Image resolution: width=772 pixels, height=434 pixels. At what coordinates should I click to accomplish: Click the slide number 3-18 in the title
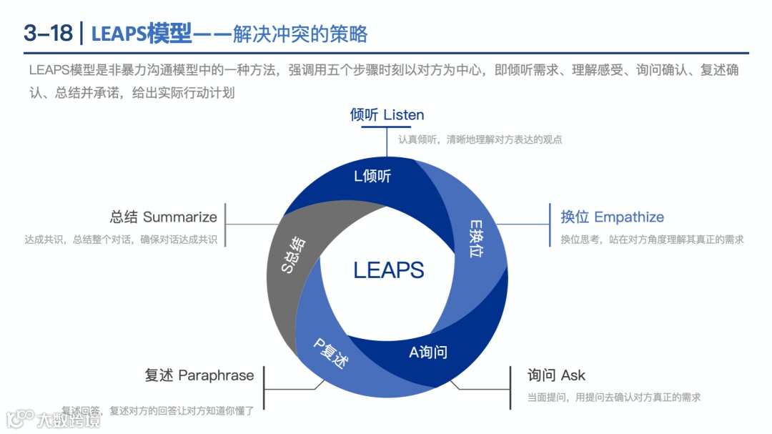tap(48, 33)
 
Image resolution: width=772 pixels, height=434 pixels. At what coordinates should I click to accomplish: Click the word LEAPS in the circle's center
tap(388, 270)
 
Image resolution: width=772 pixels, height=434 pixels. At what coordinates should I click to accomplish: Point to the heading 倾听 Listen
tap(387, 115)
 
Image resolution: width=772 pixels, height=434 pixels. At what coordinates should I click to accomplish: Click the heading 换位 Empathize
tap(612, 217)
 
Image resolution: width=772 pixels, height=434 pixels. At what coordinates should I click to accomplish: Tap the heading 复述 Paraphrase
tap(199, 375)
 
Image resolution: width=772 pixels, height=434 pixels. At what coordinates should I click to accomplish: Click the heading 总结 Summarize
tap(163, 217)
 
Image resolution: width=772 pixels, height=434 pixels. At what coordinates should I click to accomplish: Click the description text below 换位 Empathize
tap(652, 240)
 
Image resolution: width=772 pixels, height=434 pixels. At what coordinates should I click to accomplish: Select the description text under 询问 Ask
tap(613, 398)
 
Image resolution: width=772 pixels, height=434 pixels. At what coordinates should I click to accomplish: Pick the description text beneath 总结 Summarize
tap(120, 240)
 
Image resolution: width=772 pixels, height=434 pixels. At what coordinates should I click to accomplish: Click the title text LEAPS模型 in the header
tap(142, 33)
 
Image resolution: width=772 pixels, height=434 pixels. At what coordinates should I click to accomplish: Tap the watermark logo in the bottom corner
tap(53, 418)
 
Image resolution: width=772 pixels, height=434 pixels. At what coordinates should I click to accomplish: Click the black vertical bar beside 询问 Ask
tap(510, 388)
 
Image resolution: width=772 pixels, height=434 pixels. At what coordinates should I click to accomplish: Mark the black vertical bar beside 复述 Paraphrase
tap(264, 388)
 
